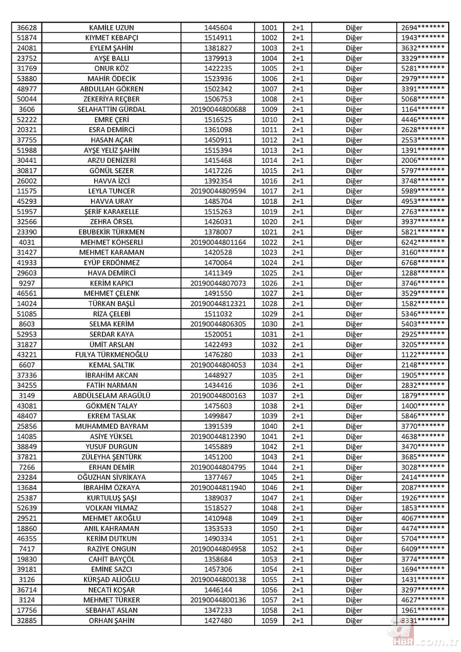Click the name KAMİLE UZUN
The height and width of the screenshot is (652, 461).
coord(112,28)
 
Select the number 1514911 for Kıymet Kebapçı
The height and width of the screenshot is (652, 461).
coord(218,38)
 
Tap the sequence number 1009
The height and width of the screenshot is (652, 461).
coord(268,110)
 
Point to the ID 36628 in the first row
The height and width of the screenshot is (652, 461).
coord(27,28)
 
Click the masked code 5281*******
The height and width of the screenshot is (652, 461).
coord(423,69)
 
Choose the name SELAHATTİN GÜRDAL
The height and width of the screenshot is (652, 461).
coord(112,110)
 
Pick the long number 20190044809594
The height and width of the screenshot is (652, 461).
coord(218,191)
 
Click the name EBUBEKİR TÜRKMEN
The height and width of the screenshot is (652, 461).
coord(112,232)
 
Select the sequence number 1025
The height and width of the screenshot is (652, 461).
coord(268,273)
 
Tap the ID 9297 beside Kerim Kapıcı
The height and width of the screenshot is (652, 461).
coord(27,283)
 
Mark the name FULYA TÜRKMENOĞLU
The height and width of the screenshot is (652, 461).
coord(112,354)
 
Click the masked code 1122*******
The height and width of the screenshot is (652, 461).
coord(423,354)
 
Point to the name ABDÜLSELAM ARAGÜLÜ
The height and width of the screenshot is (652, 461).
coord(112,395)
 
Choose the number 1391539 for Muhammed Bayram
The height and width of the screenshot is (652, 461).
coord(218,426)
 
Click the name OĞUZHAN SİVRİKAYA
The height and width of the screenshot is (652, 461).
coord(112,477)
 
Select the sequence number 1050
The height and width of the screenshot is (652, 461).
coord(268,529)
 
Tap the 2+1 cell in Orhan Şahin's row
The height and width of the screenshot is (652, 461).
coord(298,620)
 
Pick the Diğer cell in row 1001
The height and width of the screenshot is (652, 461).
coord(354,28)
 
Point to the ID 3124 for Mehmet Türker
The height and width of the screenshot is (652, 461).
coord(27,600)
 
